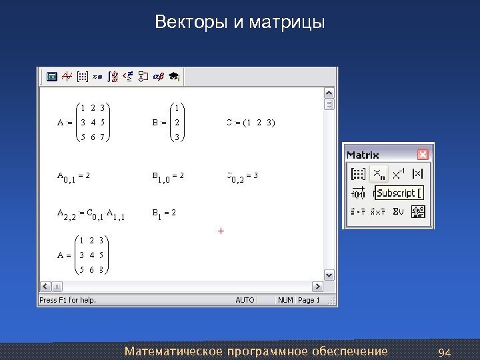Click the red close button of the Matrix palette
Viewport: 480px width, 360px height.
click(423, 155)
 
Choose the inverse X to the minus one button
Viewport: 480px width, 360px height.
click(398, 174)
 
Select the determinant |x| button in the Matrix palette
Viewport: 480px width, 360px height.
click(418, 174)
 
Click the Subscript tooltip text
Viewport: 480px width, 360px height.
click(397, 193)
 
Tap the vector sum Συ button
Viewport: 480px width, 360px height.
click(398, 212)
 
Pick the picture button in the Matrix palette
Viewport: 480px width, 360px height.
click(419, 212)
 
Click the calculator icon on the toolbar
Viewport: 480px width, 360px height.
click(51, 77)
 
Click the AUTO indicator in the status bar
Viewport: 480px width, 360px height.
click(245, 300)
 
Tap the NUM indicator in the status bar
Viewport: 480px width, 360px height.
click(285, 300)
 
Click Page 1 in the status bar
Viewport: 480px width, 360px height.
click(309, 300)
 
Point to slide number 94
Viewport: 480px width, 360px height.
click(445, 351)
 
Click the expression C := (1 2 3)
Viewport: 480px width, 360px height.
click(251, 123)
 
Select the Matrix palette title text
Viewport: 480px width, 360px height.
click(363, 155)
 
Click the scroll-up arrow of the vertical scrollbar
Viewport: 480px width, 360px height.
click(329, 93)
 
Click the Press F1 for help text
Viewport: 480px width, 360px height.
click(68, 300)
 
